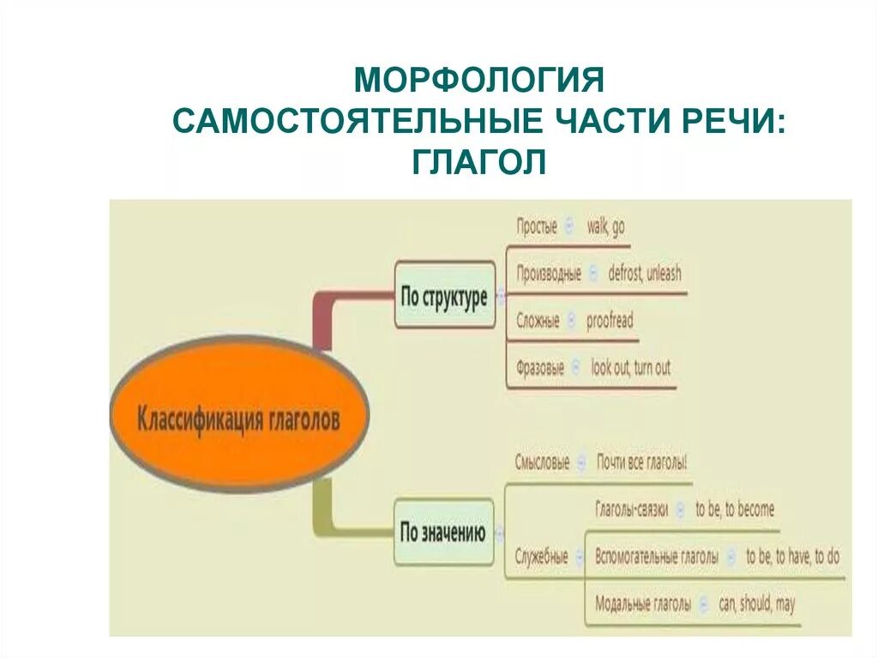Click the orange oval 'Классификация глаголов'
(239, 420)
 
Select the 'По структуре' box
(444, 297)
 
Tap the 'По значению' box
(443, 533)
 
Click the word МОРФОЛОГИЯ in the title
(480, 82)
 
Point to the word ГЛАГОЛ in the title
(479, 161)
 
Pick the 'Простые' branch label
(537, 227)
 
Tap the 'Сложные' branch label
(538, 322)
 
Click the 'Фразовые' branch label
(540, 369)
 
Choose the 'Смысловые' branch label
(542, 462)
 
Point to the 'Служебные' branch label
(542, 557)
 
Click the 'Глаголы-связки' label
(632, 510)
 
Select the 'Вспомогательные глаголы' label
(657, 557)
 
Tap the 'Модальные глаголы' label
(643, 604)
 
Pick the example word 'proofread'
(610, 322)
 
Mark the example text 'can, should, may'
(757, 604)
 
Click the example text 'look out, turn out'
(631, 369)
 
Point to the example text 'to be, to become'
(735, 510)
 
